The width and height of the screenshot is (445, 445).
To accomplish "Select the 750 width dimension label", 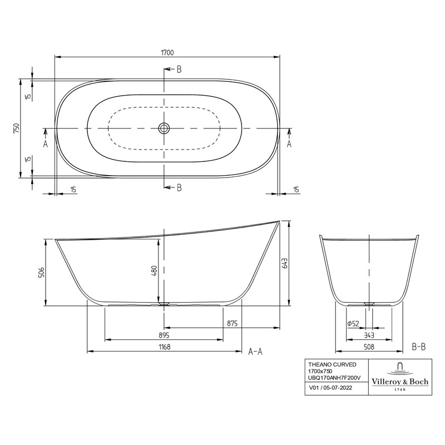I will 17,128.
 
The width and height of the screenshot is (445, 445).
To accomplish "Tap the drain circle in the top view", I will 164,128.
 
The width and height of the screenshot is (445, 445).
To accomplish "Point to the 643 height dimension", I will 285,263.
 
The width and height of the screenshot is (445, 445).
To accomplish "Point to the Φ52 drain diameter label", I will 352,323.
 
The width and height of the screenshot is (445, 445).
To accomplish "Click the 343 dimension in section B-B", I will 368,335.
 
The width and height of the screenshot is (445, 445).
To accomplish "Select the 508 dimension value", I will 368,347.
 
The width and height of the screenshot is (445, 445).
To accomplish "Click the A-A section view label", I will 255,351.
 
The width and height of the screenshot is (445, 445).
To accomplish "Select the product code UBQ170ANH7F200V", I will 334,378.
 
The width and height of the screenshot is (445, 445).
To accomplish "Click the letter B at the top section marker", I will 179,70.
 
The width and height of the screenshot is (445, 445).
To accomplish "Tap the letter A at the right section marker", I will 289,144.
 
